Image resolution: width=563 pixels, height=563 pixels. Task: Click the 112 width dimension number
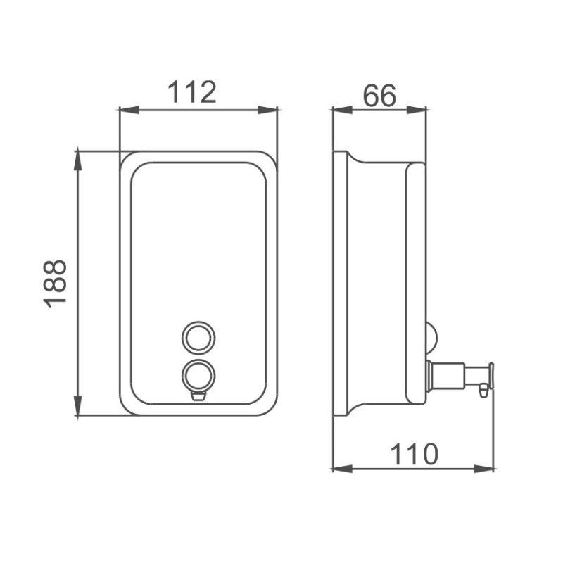pos(192,92)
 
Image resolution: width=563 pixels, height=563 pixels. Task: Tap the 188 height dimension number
pos(55,284)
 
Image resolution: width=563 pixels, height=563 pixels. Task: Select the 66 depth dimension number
pos(379,96)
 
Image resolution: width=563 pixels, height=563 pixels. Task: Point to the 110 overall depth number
pos(414,454)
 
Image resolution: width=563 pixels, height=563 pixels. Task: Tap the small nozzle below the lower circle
pos(198,396)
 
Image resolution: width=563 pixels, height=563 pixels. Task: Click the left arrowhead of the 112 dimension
pos(129,110)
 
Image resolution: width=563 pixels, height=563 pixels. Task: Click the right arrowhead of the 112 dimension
pos(268,110)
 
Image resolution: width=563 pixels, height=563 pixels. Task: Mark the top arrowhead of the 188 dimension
pos(78,160)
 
